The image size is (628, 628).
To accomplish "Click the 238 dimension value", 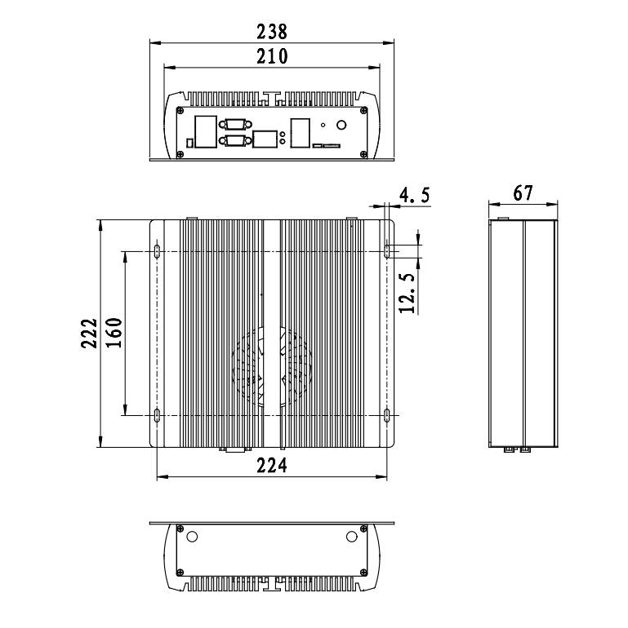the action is (x=272, y=32).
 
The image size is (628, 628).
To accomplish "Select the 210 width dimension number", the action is (x=272, y=56).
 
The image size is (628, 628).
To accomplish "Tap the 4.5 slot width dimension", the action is (x=414, y=195).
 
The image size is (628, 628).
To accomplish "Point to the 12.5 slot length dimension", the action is (x=407, y=293).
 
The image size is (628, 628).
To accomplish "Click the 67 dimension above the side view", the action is (x=523, y=193).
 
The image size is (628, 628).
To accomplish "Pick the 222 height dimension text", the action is (x=90, y=334).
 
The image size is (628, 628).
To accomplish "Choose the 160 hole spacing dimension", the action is (x=114, y=333).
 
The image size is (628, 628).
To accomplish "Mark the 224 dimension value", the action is (x=272, y=466).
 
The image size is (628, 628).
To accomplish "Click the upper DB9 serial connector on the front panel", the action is (x=236, y=124).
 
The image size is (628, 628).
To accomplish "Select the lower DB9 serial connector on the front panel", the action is (x=236, y=140).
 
